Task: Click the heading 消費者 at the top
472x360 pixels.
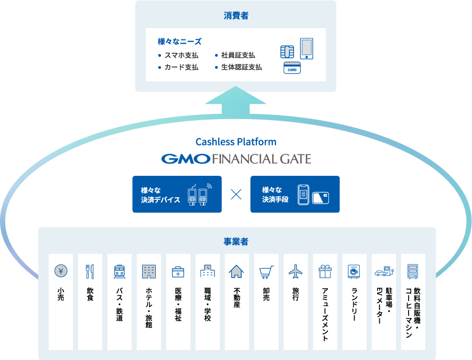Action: point(235,16)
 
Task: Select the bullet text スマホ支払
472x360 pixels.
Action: point(181,55)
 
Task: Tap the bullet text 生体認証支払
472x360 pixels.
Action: point(241,67)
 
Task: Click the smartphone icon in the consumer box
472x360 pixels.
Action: point(306,49)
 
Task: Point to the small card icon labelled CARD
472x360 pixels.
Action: point(292,68)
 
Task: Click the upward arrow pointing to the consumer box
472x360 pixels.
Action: point(235,102)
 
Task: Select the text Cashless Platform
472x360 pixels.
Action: point(235,142)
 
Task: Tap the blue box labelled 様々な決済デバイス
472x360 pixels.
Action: point(177,194)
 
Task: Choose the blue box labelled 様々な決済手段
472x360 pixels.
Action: point(295,194)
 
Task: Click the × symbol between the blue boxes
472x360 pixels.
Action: point(236,194)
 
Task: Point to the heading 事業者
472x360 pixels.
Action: point(236,242)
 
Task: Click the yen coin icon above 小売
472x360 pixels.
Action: point(61,271)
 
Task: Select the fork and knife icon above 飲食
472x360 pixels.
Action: point(90,271)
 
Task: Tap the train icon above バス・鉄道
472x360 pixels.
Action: point(120,271)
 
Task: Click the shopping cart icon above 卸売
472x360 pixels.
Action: point(266,272)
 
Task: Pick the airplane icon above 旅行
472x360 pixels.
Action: point(296,271)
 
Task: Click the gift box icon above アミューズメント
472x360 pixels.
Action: point(325,271)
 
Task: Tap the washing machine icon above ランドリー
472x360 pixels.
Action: point(355,271)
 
